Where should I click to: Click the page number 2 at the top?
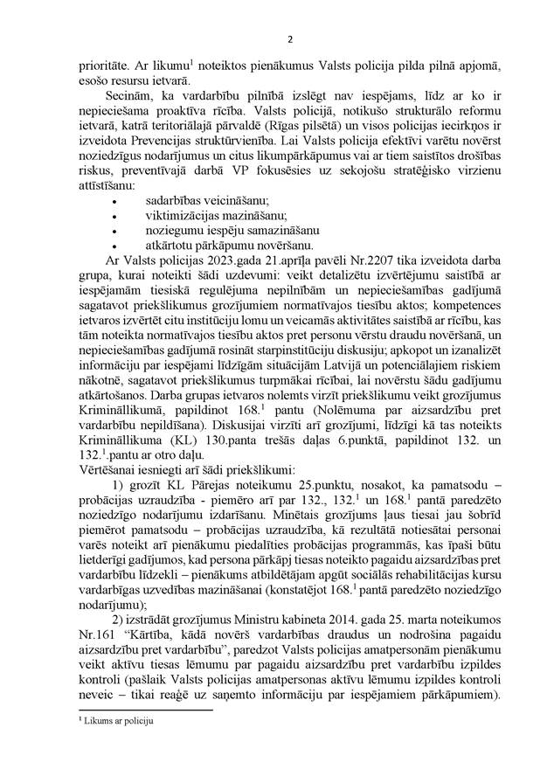point(277,39)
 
